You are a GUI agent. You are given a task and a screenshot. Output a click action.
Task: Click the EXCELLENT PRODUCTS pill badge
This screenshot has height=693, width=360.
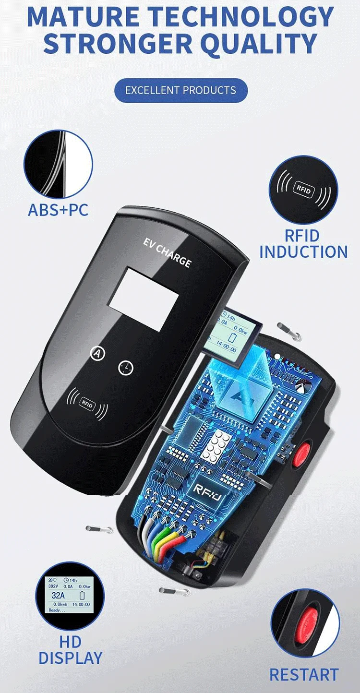[181, 90]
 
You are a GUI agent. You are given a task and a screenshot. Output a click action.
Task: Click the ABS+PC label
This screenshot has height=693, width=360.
[58, 210]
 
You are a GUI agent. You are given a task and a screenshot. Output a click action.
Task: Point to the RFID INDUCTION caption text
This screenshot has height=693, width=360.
[303, 244]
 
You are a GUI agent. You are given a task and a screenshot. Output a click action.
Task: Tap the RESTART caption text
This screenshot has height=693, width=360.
[303, 674]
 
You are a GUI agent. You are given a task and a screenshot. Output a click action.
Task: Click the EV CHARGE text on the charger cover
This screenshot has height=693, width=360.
[167, 251]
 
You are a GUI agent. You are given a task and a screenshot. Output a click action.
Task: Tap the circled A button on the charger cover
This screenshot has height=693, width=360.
[98, 354]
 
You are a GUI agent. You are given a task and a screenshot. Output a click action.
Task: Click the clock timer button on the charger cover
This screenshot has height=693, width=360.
[126, 368]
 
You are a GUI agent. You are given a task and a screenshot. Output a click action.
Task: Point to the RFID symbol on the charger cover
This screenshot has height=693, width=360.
[87, 403]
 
